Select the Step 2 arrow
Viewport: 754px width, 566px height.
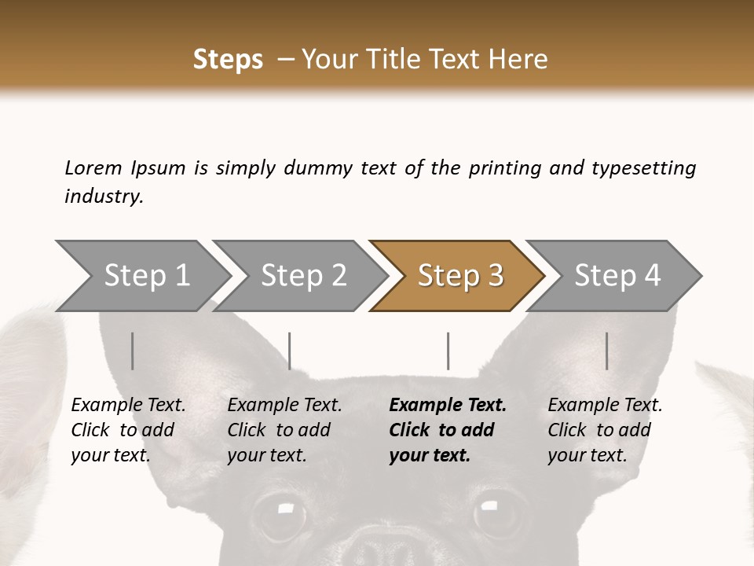click(302, 276)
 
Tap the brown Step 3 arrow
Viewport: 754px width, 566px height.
click(459, 276)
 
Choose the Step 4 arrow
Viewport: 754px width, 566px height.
click(617, 276)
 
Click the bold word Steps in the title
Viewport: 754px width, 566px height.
click(228, 59)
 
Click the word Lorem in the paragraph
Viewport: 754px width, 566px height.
click(93, 167)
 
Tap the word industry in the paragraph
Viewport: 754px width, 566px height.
click(104, 197)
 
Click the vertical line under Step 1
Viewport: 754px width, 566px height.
click(133, 351)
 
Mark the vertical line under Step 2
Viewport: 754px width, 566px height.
click(290, 351)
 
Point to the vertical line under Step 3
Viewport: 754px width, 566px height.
click(448, 351)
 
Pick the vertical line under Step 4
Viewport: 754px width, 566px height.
click(606, 351)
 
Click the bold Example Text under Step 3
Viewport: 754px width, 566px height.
click(448, 405)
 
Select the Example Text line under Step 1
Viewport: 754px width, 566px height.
click(128, 405)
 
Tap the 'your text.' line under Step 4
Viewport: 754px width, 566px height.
click(587, 455)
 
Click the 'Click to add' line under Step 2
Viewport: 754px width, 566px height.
click(279, 430)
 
